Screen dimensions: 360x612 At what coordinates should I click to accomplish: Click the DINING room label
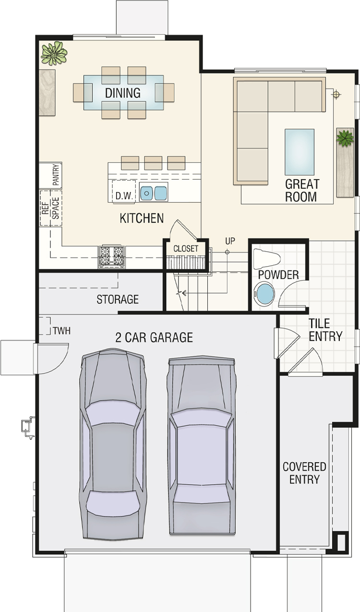(x=123, y=93)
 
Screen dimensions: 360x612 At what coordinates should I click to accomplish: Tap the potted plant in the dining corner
(x=54, y=53)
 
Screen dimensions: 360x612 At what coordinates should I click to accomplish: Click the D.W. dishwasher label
(x=124, y=196)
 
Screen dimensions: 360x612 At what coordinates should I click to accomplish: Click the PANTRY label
(x=56, y=175)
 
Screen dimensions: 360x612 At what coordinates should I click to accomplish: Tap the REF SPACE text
(x=51, y=208)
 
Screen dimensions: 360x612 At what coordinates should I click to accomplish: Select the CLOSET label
(x=186, y=249)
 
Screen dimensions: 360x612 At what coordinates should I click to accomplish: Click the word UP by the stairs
(x=230, y=241)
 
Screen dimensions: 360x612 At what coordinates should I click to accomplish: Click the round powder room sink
(x=264, y=294)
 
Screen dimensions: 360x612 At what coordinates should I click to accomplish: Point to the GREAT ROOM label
(x=302, y=190)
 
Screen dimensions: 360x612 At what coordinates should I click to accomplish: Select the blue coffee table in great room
(x=300, y=152)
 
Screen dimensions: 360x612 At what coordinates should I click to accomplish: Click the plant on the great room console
(x=345, y=138)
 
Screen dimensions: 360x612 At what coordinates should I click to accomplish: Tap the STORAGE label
(x=118, y=299)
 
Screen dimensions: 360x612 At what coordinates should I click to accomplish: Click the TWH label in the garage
(x=62, y=331)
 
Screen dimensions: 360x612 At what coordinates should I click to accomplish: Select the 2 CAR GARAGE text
(x=154, y=337)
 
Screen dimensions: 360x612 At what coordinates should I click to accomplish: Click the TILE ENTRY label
(x=325, y=330)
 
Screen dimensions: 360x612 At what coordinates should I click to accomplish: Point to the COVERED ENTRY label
(x=304, y=473)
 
